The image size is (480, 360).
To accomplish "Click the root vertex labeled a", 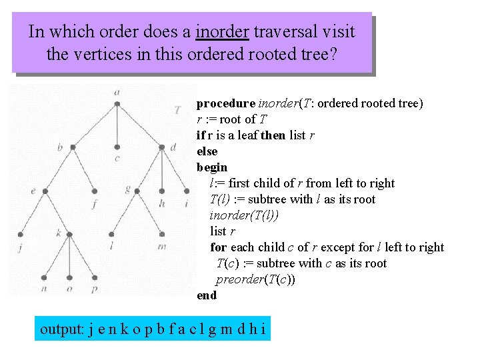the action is pyautogui.click(x=117, y=103).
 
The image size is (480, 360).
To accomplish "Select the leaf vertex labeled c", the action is pyautogui.click(x=117, y=147).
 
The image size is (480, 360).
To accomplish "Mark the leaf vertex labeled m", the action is pyautogui.click(x=162, y=234).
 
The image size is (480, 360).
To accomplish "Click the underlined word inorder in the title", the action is pyautogui.click(x=222, y=32).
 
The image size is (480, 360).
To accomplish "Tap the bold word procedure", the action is pyautogui.click(x=225, y=103).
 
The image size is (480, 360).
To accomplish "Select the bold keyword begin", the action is pyautogui.click(x=212, y=167).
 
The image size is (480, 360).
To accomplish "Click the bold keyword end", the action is pyautogui.click(x=207, y=295).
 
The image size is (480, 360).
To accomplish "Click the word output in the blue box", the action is pyautogui.click(x=61, y=329).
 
